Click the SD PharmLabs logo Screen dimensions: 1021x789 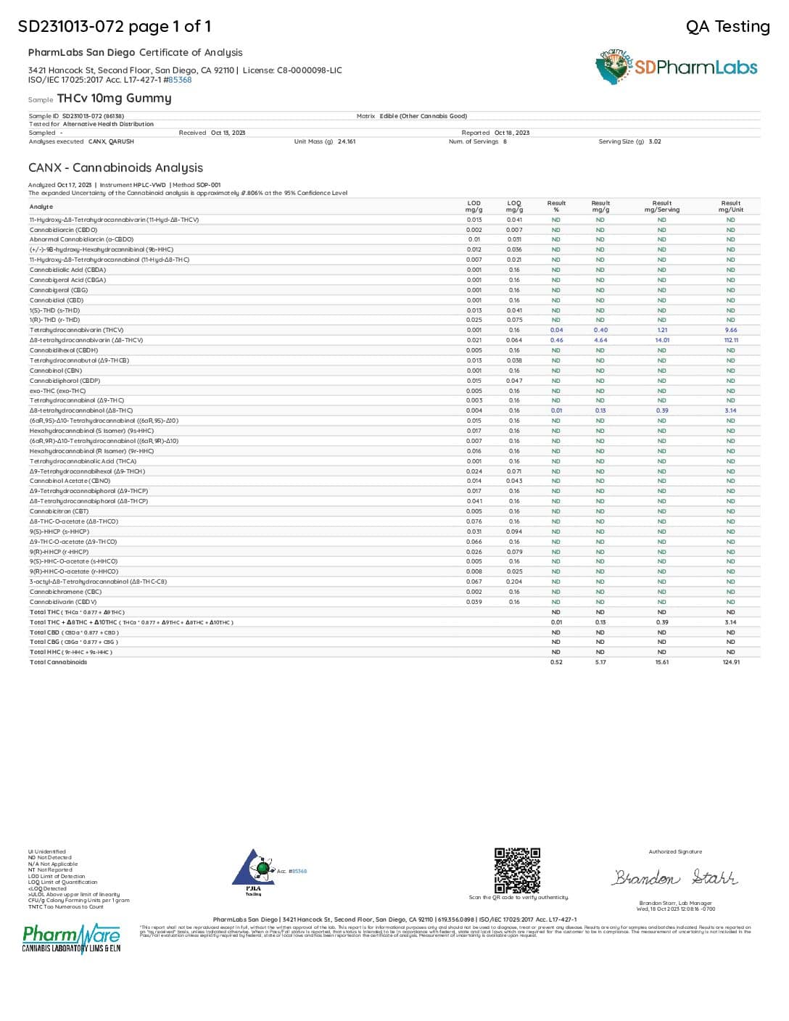pos(676,67)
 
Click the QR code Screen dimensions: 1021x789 pos(517,870)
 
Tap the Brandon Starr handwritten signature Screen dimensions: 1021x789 pos(675,877)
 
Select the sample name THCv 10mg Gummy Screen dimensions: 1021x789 pos(115,98)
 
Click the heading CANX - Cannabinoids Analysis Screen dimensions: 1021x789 pos(115,168)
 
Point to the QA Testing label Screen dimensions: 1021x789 pos(727,27)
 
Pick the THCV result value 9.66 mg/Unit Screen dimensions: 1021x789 pos(730,330)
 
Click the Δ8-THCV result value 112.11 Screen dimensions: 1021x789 pos(730,340)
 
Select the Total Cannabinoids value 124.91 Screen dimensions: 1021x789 pos(730,662)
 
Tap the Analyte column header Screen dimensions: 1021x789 pos(41,207)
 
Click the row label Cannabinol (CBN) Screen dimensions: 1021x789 pos(56,371)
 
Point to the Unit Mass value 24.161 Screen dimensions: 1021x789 pos(347,141)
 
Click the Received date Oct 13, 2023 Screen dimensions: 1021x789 pos(228,133)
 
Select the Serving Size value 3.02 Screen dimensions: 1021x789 pos(655,141)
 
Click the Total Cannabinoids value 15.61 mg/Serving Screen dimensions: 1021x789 pos(661,662)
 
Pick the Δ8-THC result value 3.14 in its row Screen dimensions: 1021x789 pos(730,410)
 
